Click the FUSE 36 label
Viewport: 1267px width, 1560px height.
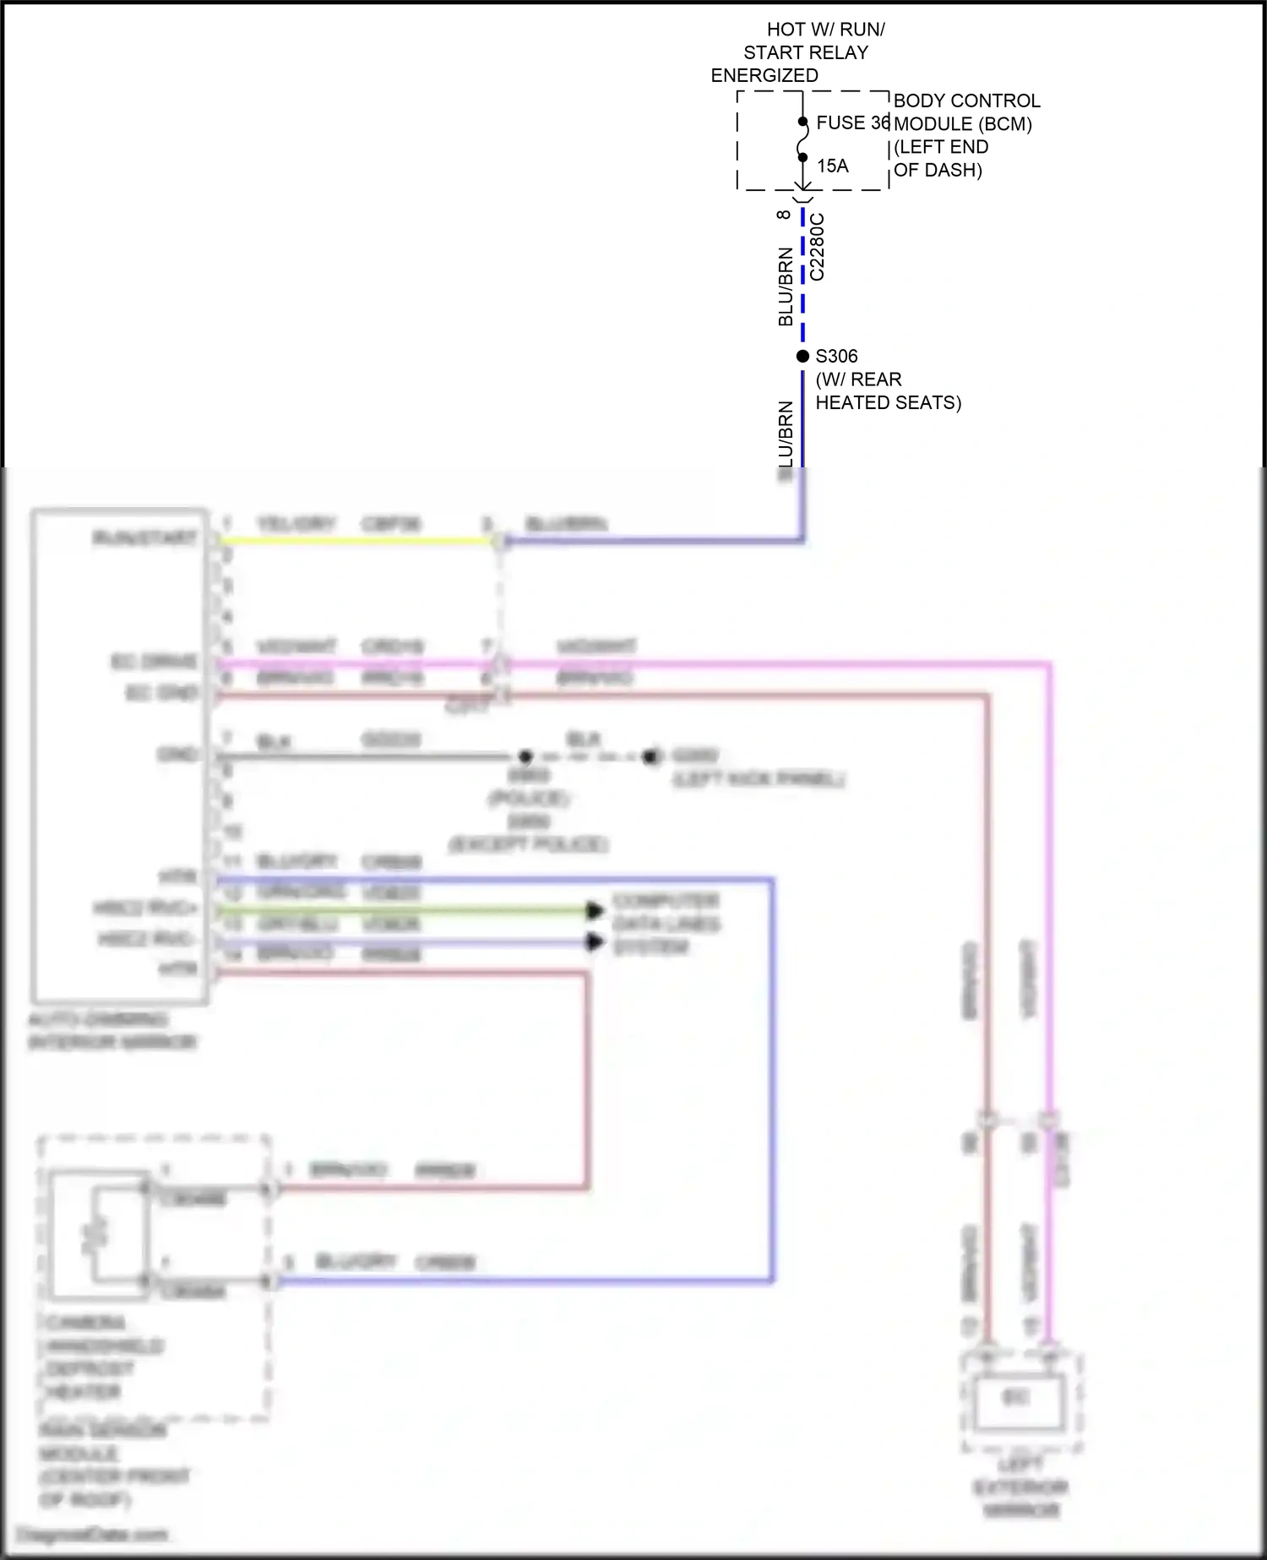pyautogui.click(x=851, y=123)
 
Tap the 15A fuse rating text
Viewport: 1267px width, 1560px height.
pyautogui.click(x=832, y=166)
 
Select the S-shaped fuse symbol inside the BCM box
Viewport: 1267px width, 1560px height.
pyautogui.click(x=802, y=139)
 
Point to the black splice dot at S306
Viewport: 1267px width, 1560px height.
pyautogui.click(x=802, y=357)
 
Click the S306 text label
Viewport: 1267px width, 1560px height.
pyautogui.click(x=836, y=357)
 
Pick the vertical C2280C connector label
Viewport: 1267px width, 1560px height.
pyautogui.click(x=817, y=247)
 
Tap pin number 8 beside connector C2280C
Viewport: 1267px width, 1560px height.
pyautogui.click(x=784, y=215)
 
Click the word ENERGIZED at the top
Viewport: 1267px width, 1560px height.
pyautogui.click(x=764, y=75)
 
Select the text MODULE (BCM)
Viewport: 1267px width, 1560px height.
pyautogui.click(x=963, y=124)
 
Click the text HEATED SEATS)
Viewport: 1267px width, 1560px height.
pyautogui.click(x=888, y=403)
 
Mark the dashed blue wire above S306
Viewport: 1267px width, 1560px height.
pyautogui.click(x=802, y=279)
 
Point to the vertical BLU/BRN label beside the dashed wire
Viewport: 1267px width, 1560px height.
pyautogui.click(x=786, y=286)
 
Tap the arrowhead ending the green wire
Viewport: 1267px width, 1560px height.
pyautogui.click(x=595, y=910)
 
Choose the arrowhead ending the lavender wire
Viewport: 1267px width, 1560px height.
pyautogui.click(x=595, y=941)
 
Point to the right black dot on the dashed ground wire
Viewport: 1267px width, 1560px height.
pyautogui.click(x=650, y=756)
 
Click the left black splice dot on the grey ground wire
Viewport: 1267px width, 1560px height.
pyautogui.click(x=525, y=756)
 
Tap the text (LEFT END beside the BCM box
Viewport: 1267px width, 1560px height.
pyautogui.click(x=940, y=147)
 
